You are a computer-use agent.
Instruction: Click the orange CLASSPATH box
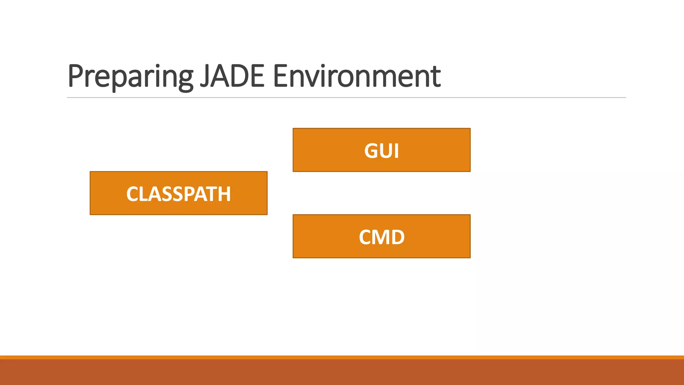(178, 193)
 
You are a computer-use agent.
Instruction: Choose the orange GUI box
(381, 150)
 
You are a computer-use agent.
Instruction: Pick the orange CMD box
(381, 236)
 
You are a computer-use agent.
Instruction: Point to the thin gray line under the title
(346, 98)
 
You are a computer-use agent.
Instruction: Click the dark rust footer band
(342, 372)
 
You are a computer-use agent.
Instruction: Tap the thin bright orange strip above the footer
(342, 357)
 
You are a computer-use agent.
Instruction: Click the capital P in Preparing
(75, 76)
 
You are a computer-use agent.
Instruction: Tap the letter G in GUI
(371, 151)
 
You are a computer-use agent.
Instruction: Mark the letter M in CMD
(381, 237)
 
